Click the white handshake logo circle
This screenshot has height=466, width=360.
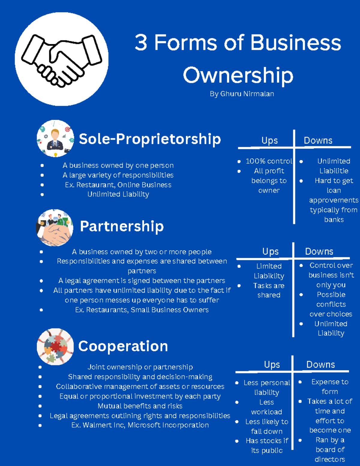(61, 59)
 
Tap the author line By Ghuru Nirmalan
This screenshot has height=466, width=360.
(242, 94)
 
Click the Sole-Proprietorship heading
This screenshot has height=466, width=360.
(150, 139)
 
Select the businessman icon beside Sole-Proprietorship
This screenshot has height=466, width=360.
(55, 139)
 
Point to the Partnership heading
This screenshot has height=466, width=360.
(122, 226)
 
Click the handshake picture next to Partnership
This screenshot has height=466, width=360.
(55, 227)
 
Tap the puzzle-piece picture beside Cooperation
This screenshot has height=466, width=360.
(55, 347)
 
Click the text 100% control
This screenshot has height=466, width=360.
(269, 161)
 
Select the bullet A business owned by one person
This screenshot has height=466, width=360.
(118, 165)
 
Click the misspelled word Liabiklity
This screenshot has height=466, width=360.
(269, 276)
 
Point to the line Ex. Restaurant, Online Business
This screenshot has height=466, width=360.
(118, 185)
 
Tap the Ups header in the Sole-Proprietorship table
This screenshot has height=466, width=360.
(269, 141)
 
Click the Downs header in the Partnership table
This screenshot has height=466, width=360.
(319, 251)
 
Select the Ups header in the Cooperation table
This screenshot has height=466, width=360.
(272, 365)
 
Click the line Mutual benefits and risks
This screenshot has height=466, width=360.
(140, 406)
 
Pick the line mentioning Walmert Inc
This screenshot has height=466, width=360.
(140, 425)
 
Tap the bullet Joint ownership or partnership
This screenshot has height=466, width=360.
(140, 367)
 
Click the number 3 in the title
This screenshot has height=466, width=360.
(141, 43)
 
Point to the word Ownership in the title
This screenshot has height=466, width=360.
(238, 76)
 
